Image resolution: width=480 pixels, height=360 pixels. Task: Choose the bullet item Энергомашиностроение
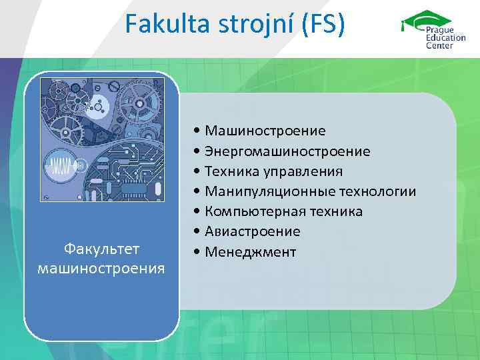pos(287,151)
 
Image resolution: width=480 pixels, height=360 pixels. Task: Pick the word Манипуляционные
pos(259,192)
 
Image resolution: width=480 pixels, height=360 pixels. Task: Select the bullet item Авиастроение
pos(253,232)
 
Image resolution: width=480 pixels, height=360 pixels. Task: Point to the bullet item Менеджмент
pos(251,252)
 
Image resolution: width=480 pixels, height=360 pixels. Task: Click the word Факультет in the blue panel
pos(101,249)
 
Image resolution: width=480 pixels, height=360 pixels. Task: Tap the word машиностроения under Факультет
pos(101,268)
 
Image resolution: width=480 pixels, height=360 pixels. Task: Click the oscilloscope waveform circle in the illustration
pos(65,166)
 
